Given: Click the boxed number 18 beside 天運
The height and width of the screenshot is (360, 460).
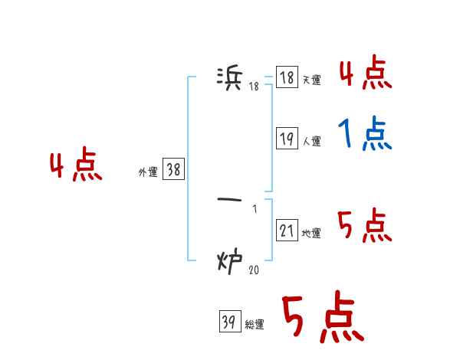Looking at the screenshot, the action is click(287, 77).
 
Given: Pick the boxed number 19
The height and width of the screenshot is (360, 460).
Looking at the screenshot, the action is click(287, 139).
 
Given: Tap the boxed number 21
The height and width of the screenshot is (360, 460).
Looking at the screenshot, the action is click(287, 231).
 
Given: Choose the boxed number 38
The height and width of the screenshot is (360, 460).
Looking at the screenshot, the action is click(173, 170).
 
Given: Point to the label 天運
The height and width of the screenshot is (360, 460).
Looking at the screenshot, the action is click(311, 80).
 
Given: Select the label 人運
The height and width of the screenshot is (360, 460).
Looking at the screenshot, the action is click(311, 141).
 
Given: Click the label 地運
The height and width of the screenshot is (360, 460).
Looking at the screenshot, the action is click(311, 233).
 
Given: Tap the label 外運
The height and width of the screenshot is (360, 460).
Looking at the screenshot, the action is click(148, 172).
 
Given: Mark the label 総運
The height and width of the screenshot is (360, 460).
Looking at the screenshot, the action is click(254, 325).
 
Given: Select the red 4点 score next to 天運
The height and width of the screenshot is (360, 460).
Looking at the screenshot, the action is click(365, 74).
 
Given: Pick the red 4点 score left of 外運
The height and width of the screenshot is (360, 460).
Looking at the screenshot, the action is click(76, 167).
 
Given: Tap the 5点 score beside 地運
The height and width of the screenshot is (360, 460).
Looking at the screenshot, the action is click(365, 227).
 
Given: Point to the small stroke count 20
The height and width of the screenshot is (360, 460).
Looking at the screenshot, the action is click(254, 269).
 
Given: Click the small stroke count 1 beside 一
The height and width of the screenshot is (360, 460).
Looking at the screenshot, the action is click(255, 209).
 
